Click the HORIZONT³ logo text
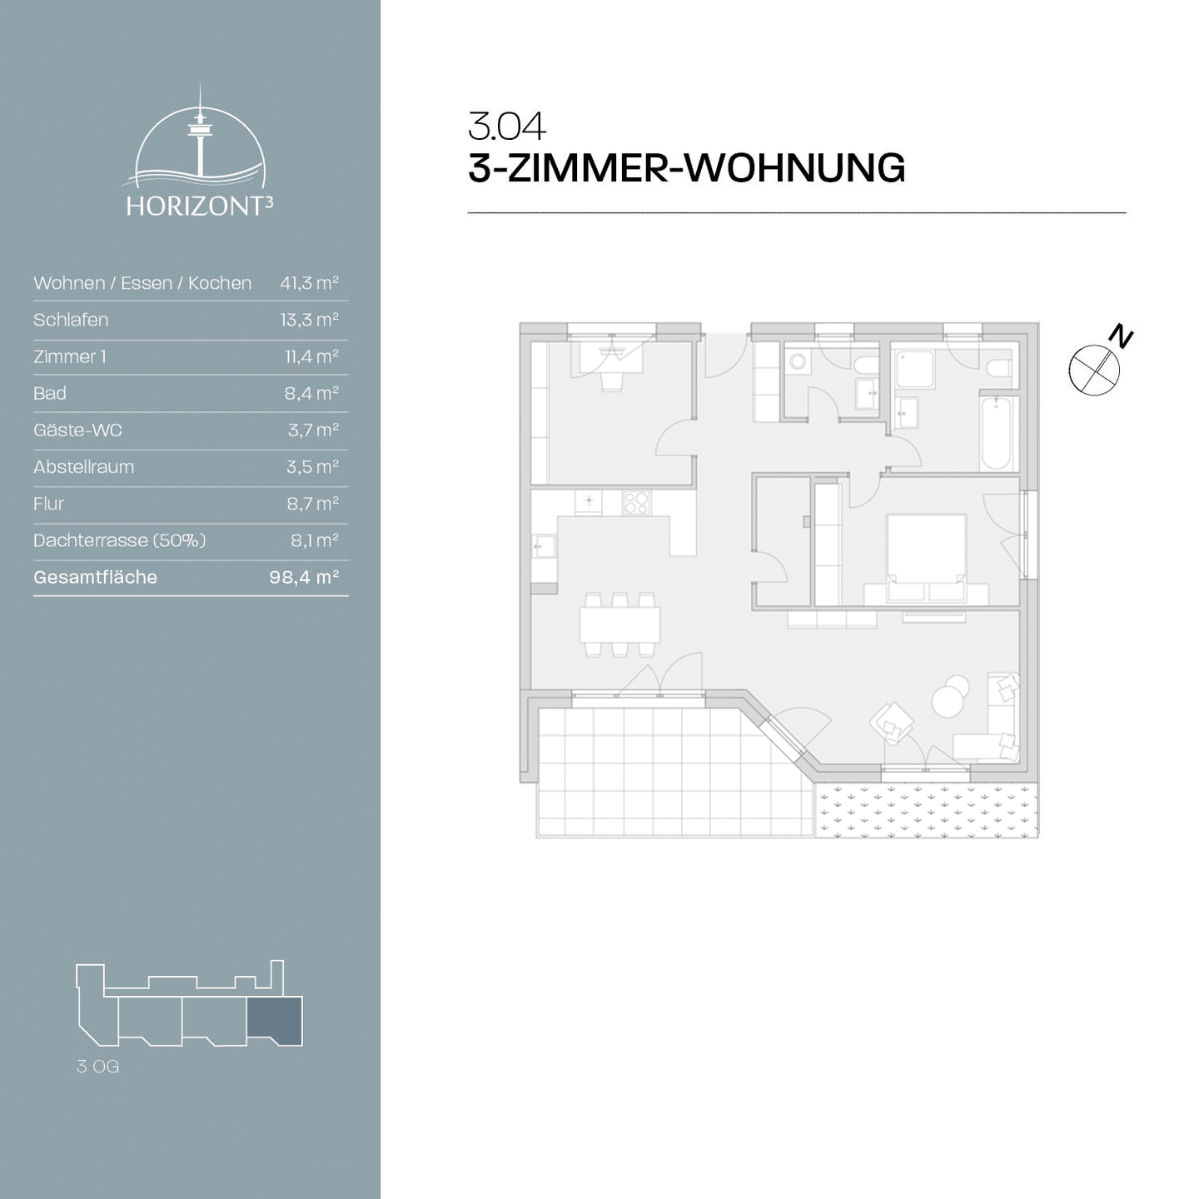point(199,206)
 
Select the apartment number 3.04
point(506,127)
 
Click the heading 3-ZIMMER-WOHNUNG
point(686,168)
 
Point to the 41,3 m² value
point(309,283)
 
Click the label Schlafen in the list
point(71,320)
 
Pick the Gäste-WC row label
point(77,430)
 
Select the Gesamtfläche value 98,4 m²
point(304,577)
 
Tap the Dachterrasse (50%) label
point(119,540)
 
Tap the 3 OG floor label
point(97,1067)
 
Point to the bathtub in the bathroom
point(996,433)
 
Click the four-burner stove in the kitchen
point(636,503)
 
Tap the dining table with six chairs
point(620,624)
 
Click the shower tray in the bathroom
point(914,368)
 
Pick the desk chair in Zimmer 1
point(612,381)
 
